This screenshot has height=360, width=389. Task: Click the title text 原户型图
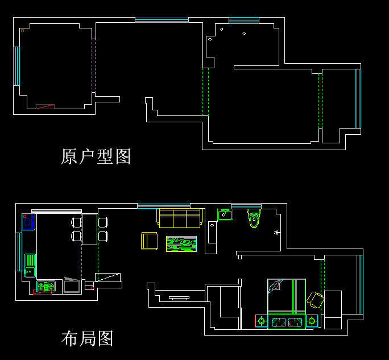(x=96, y=156)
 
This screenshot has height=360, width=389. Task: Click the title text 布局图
(x=87, y=338)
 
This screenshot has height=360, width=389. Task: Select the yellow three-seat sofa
(x=180, y=218)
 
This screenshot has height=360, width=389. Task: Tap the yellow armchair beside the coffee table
(x=150, y=241)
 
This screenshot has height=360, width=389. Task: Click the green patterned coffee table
(x=181, y=244)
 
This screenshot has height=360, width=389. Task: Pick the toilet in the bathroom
(x=254, y=218)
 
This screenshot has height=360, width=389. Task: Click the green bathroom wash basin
(x=225, y=214)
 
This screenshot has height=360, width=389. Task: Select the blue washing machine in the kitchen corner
(x=28, y=222)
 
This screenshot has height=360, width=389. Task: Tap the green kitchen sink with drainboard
(x=30, y=265)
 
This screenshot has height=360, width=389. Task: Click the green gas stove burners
(x=45, y=287)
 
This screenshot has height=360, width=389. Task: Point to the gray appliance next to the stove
(x=72, y=285)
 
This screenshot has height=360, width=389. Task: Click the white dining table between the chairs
(x=90, y=229)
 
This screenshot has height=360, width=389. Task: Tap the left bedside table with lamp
(x=261, y=321)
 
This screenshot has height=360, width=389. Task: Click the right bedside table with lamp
(x=312, y=321)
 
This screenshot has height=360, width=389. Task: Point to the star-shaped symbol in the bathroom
(x=277, y=233)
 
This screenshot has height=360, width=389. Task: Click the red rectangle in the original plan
(x=45, y=106)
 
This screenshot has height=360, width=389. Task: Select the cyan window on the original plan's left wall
(x=17, y=66)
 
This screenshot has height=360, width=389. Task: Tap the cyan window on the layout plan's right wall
(x=359, y=284)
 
